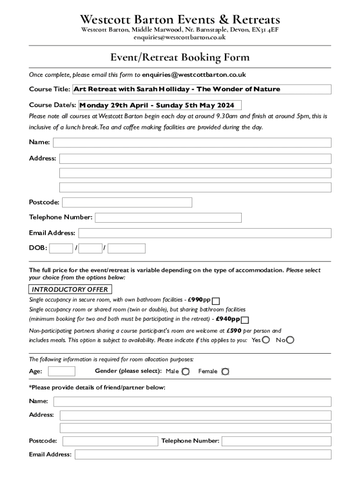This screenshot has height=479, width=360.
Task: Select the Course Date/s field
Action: tap(160, 105)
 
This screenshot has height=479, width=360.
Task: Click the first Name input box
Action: tap(192, 143)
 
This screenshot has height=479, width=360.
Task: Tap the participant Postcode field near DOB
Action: tap(127, 203)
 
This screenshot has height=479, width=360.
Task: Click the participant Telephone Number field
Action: tap(168, 218)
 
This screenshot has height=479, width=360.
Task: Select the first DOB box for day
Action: tap(61, 248)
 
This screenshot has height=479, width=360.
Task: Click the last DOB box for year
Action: tap(126, 248)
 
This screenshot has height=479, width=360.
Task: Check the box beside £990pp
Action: tap(216, 301)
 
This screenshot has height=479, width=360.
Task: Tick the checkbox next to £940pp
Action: tap(245, 320)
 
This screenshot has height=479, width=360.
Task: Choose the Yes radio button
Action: tap(266, 340)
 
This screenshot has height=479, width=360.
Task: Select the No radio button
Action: tap(290, 340)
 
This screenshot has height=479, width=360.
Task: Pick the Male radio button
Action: tap(186, 371)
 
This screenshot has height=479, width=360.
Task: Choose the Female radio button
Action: tap(225, 371)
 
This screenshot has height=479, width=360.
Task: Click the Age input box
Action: tap(62, 371)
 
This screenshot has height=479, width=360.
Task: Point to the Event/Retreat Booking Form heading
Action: tap(180, 58)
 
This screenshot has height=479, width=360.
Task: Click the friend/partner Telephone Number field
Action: tap(276, 441)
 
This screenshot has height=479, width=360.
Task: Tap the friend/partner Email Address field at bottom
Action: tap(203, 455)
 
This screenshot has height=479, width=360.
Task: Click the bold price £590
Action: tap(234, 331)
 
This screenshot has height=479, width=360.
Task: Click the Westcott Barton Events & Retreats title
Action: tap(180, 20)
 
